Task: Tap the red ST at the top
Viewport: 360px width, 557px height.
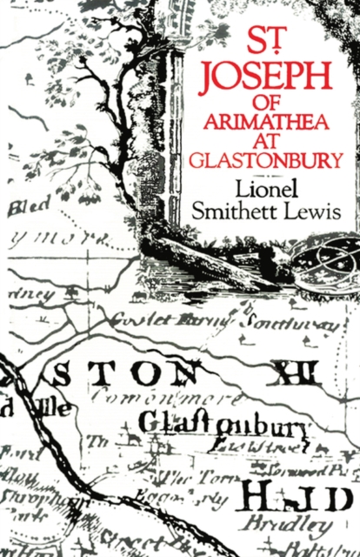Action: [270, 41]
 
